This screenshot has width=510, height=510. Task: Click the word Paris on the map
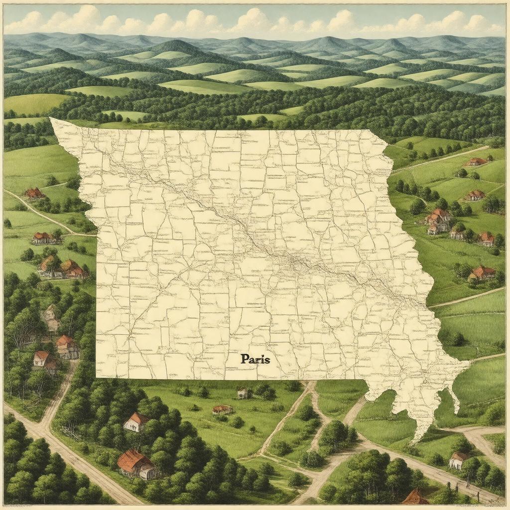(255, 359)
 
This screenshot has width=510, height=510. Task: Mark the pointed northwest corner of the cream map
(51, 119)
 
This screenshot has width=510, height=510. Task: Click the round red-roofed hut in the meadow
(222, 409)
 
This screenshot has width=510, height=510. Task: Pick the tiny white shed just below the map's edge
(243, 393)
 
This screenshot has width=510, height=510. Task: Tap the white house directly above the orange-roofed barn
(135, 422)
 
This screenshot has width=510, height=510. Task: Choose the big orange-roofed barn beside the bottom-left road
(135, 464)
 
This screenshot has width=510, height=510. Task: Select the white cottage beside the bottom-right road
(457, 460)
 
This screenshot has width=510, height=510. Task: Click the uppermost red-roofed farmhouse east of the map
(476, 161)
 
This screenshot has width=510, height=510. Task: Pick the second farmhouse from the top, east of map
(475, 195)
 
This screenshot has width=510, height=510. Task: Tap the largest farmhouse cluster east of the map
(438, 221)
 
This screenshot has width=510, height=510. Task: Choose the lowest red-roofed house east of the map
(482, 272)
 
